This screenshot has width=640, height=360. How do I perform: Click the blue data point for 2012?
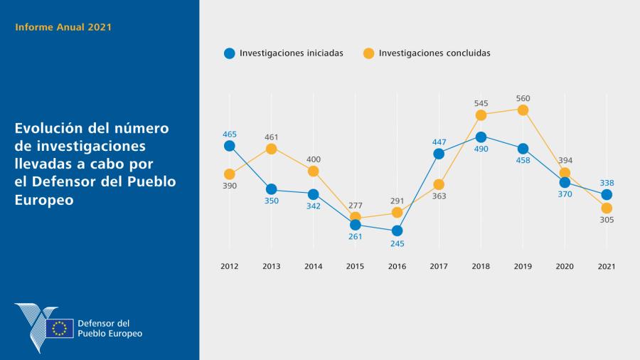229,146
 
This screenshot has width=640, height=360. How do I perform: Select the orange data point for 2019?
523,110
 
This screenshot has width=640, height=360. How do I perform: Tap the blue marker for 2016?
397,231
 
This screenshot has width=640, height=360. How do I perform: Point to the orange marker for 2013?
271,149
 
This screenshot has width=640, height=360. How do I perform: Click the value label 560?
523,98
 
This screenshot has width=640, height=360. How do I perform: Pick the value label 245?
397,243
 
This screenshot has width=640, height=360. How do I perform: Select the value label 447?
439,142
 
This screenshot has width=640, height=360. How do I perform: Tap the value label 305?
607,220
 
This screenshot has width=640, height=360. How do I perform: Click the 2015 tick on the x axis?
355,266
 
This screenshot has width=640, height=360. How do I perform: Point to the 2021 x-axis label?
607,266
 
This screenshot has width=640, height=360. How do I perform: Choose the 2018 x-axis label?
481,266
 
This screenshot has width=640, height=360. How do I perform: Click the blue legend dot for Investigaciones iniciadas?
229,53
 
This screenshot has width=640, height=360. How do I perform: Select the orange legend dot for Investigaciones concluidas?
368,53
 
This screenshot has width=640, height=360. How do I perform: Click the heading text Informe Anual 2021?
63,28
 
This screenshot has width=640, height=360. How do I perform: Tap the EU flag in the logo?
60,328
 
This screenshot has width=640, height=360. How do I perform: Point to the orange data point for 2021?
607,208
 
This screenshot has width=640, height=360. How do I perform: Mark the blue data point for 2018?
481,137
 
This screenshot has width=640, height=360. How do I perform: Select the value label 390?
229,186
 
